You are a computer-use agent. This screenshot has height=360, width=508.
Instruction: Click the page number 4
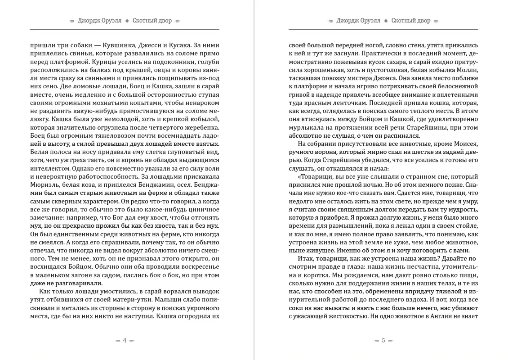point(125,341)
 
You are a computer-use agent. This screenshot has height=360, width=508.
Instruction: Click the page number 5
point(383,341)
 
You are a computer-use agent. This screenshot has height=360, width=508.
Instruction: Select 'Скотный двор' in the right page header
point(411,21)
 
